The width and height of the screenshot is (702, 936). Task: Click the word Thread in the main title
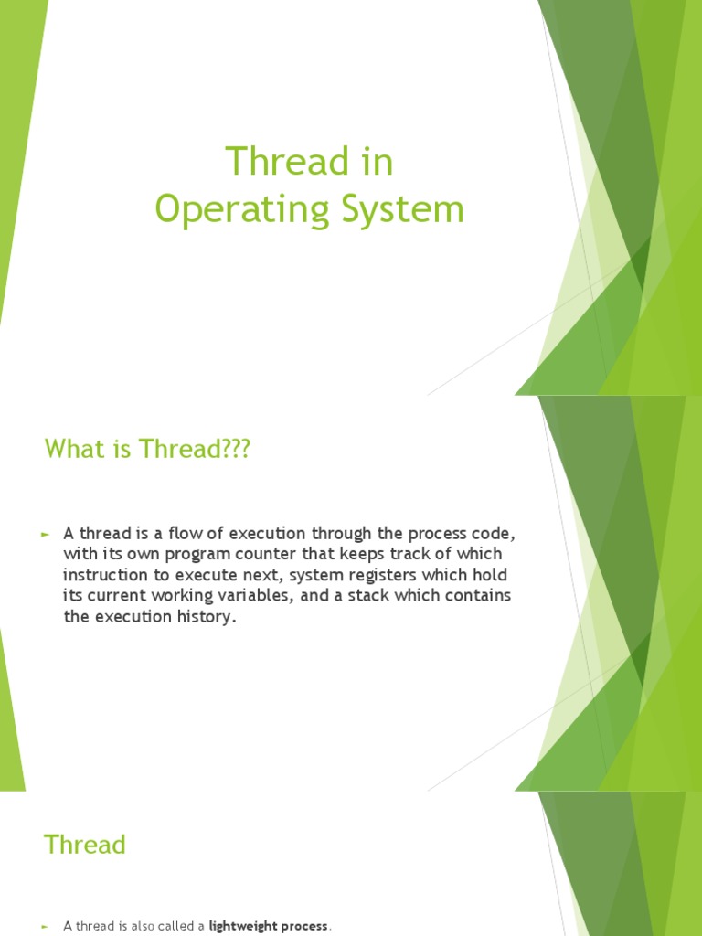(271, 163)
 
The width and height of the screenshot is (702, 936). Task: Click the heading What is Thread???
(147, 450)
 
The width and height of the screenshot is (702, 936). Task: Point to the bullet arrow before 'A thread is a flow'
(45, 533)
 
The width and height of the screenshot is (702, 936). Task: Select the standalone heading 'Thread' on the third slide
(85, 845)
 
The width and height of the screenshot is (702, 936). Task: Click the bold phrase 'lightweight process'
(268, 926)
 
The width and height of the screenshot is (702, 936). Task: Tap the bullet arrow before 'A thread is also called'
(45, 926)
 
